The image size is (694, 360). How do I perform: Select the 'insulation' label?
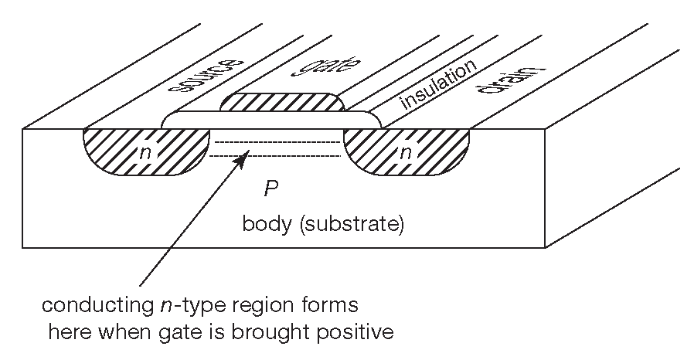pos(437,86)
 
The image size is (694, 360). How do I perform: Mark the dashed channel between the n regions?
pos(277,149)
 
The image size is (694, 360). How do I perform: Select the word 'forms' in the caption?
pos(336,306)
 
